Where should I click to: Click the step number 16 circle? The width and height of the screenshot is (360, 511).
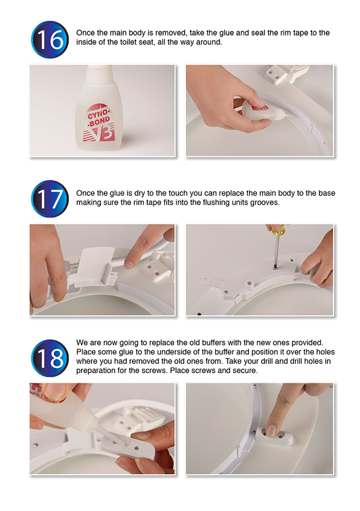50,40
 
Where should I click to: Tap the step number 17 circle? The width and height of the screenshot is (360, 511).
50,199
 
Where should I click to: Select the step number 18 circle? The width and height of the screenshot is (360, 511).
50,358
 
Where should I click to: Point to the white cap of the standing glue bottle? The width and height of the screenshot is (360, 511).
100,74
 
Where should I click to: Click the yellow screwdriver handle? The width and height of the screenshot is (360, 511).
278,231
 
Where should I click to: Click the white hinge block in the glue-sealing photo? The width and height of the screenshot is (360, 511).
283,75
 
